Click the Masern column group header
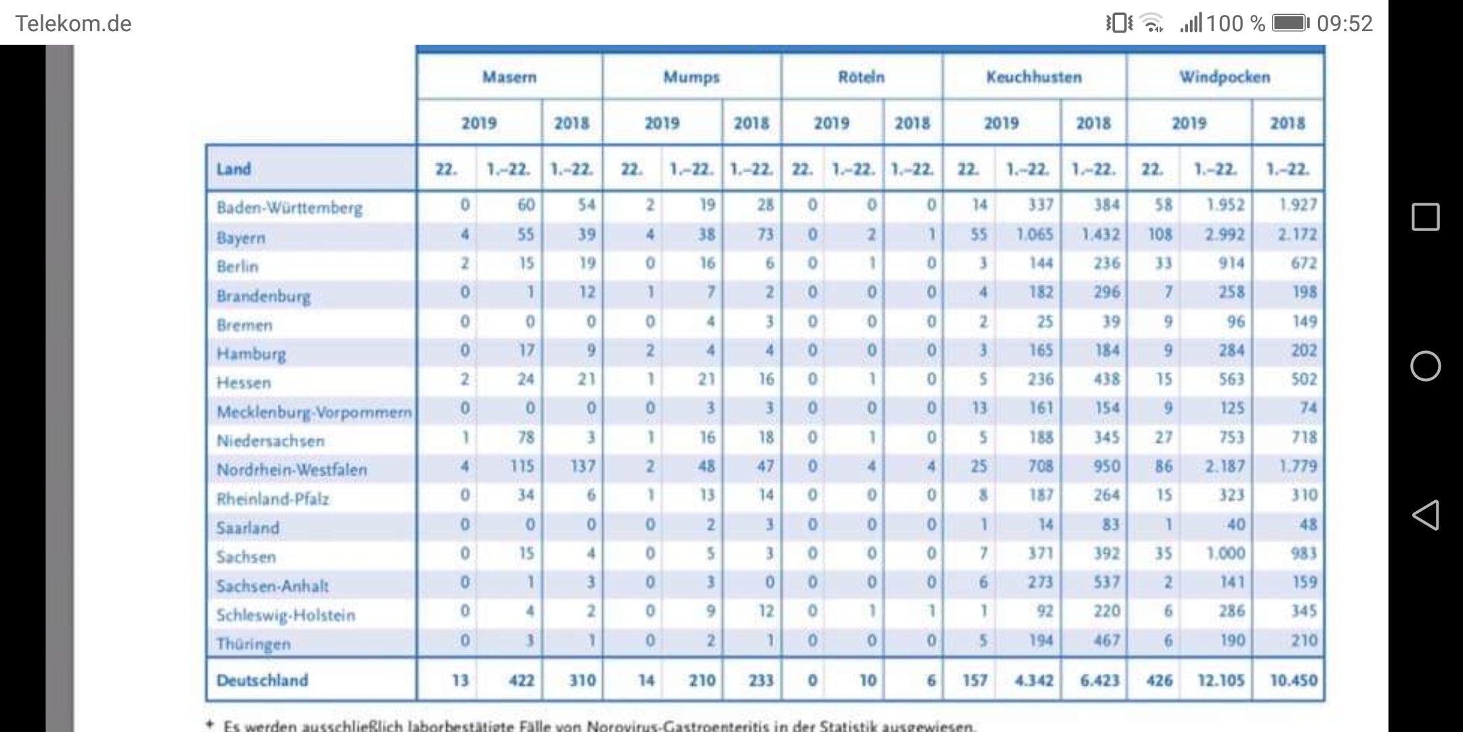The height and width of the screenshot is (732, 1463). point(509,77)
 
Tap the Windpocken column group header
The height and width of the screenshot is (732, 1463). point(1225,77)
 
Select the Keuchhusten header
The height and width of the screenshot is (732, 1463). point(1034,77)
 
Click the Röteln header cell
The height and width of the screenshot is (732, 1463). point(862,77)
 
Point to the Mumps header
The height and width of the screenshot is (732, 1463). point(691,77)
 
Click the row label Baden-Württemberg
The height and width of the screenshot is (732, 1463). point(289,207)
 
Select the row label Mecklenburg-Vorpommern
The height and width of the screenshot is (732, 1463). point(314,412)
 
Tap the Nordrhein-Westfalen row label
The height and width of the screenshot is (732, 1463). point(291,470)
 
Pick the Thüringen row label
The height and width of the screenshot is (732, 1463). point(253,644)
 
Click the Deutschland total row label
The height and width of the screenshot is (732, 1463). point(262,680)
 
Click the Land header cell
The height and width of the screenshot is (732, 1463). point(234,168)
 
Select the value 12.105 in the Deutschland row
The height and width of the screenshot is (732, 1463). point(1221,680)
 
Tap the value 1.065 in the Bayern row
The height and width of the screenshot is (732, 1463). point(1034,235)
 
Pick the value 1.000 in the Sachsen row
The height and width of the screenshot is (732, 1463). point(1225,554)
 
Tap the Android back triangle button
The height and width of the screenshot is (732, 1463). point(1425,515)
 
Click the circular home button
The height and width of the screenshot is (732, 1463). point(1425,366)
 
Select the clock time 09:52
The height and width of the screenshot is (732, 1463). point(1344,24)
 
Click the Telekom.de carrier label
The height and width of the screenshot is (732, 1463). point(73,24)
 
